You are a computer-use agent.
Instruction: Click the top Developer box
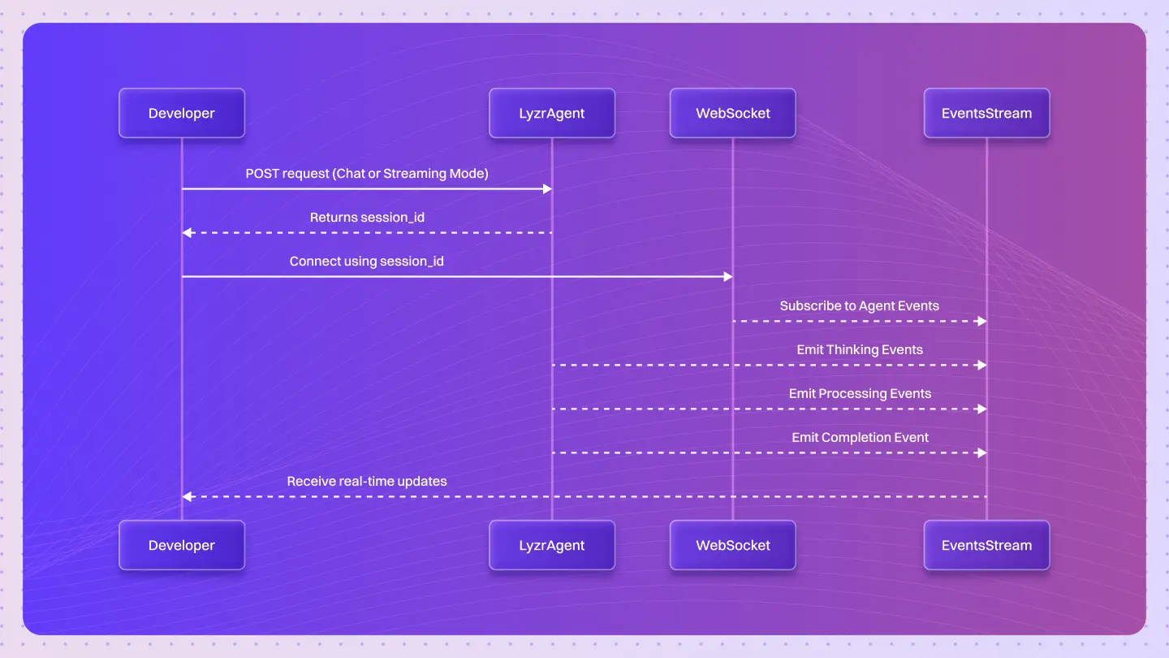pyautogui.click(x=182, y=113)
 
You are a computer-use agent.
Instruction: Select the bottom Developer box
pyautogui.click(x=182, y=545)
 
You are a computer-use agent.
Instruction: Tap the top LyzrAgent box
pyautogui.click(x=552, y=113)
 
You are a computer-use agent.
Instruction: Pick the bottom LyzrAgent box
pyautogui.click(x=552, y=545)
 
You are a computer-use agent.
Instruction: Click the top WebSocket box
pyautogui.click(x=733, y=113)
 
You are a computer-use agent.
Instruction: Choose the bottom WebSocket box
pyautogui.click(x=733, y=545)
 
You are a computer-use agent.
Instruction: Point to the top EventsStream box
pyautogui.click(x=986, y=113)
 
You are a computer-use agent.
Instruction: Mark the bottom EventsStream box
pyautogui.click(x=986, y=545)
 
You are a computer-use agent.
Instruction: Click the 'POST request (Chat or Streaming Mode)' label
pyautogui.click(x=367, y=174)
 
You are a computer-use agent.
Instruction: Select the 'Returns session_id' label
pyautogui.click(x=367, y=218)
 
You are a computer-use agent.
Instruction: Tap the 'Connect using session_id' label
pyautogui.click(x=367, y=262)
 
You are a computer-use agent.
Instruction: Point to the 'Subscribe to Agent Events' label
pyautogui.click(x=859, y=305)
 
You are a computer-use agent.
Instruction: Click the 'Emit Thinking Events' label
pyautogui.click(x=860, y=349)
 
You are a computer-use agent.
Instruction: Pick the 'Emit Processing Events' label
pyautogui.click(x=860, y=393)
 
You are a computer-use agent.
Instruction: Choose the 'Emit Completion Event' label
pyautogui.click(x=860, y=437)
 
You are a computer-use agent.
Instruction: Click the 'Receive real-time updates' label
pyautogui.click(x=367, y=481)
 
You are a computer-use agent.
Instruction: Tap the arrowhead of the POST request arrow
pyautogui.click(x=547, y=189)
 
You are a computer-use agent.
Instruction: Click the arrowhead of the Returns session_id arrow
pyautogui.click(x=187, y=233)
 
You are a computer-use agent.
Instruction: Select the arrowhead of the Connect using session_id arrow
pyautogui.click(x=728, y=277)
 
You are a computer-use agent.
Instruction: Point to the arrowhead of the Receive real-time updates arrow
pyautogui.click(x=187, y=496)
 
